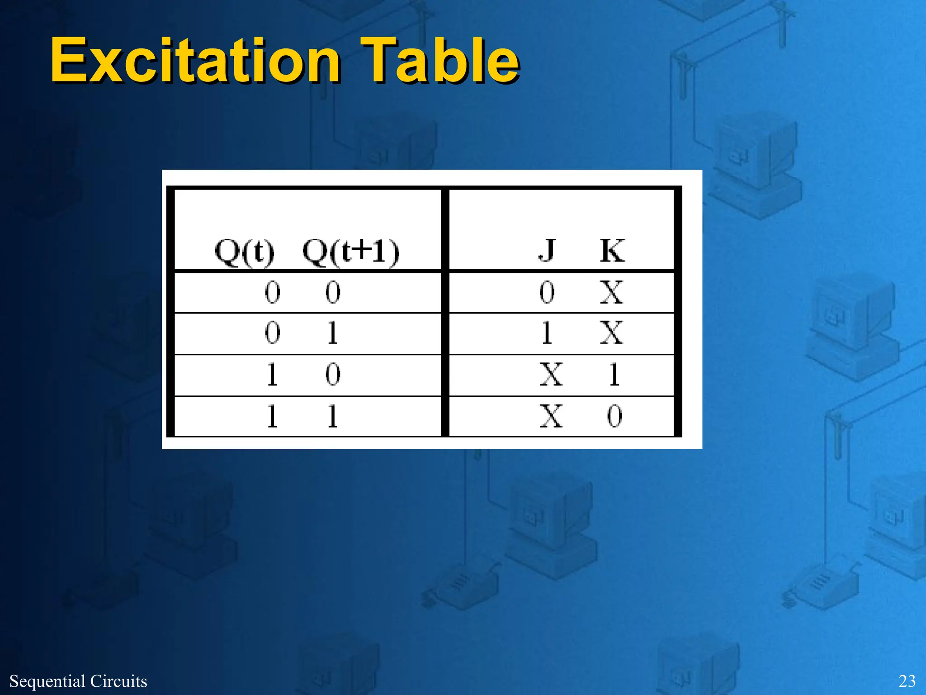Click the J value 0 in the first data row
coord(547,292)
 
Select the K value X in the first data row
coord(612,292)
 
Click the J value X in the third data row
coord(551,375)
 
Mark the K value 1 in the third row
coord(614,375)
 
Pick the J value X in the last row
coord(551,416)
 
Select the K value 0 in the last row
coord(614,416)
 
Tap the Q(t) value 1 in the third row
coord(272,375)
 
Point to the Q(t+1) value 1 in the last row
coord(333,416)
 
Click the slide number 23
coord(907,681)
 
